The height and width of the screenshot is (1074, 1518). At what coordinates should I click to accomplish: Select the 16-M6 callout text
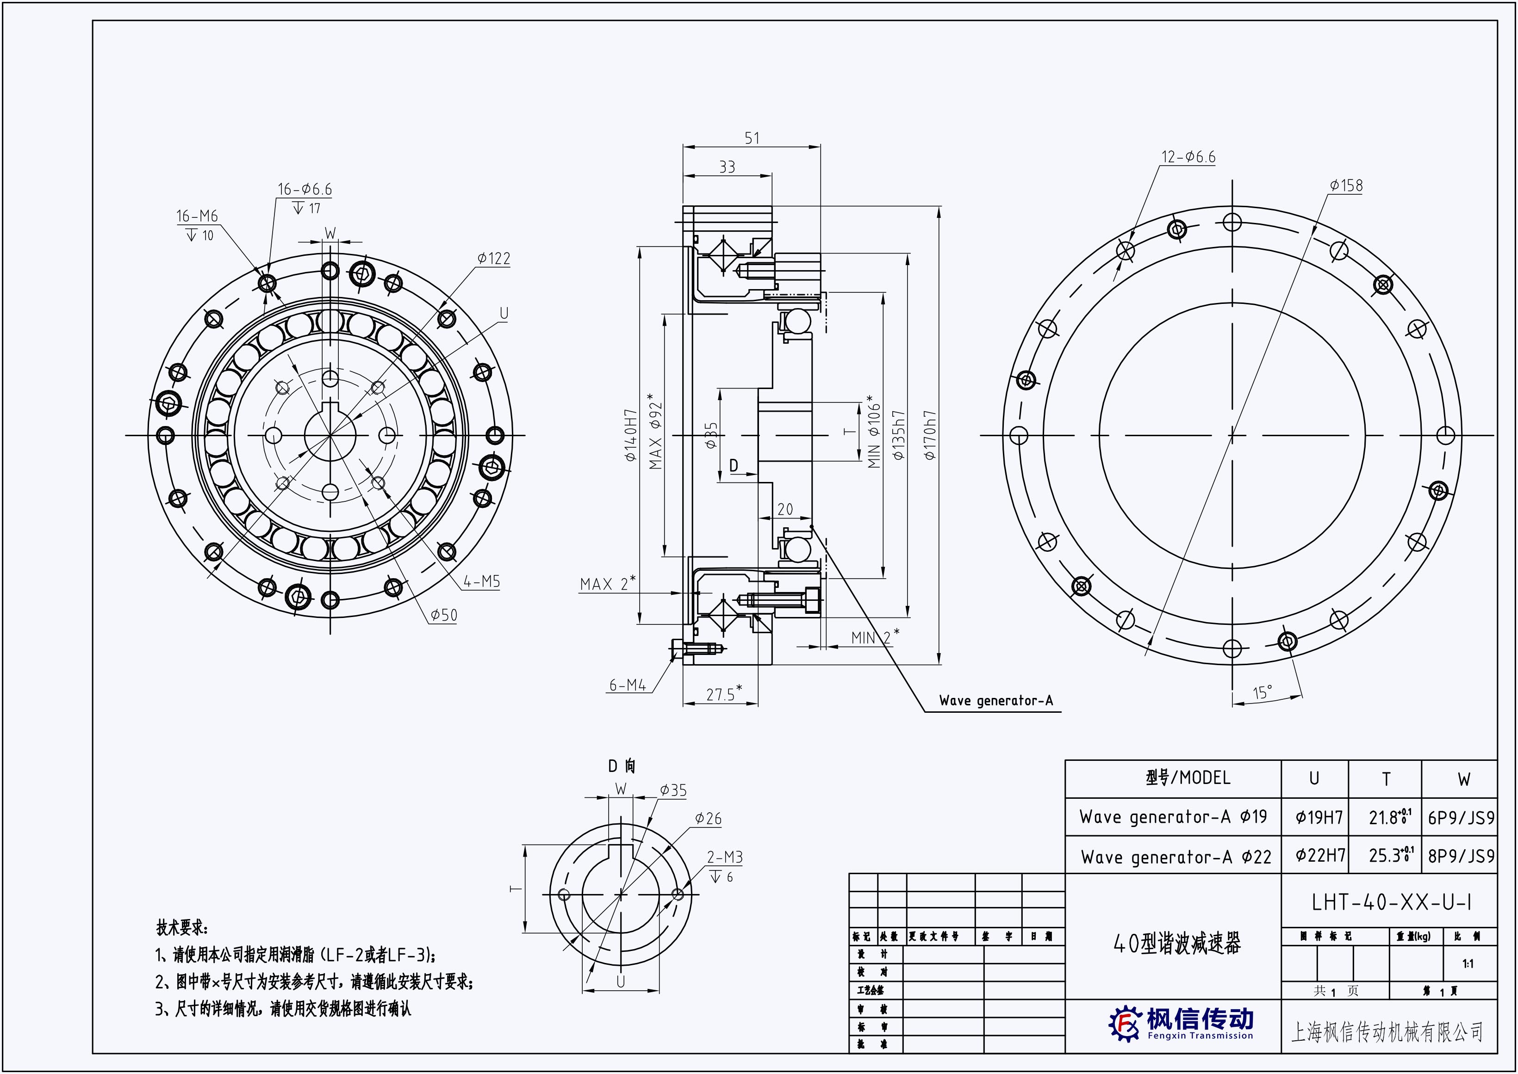coord(197,216)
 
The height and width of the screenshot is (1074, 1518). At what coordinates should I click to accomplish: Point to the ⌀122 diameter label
coord(494,259)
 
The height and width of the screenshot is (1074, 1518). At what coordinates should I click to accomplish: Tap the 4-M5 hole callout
coord(481,581)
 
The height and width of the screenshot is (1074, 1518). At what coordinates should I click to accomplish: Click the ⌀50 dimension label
coord(443,615)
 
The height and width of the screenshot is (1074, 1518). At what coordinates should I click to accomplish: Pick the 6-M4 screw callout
coord(627,685)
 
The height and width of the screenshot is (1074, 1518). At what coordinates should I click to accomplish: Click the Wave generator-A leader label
coord(995,700)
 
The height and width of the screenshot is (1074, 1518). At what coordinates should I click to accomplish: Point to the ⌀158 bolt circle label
coord(1346,186)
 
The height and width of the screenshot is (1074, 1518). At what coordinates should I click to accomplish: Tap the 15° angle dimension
coord(1263,692)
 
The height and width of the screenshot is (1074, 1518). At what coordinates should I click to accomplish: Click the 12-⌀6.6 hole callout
coord(1188,157)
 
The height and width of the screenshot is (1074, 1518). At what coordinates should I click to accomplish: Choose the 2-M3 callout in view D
coord(725,857)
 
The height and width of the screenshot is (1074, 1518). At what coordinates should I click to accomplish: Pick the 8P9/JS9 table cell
coord(1461,857)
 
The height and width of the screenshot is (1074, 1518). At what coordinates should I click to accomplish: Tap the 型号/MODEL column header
coord(1188,778)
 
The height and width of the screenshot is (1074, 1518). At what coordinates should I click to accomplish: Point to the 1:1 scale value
coord(1468,963)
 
